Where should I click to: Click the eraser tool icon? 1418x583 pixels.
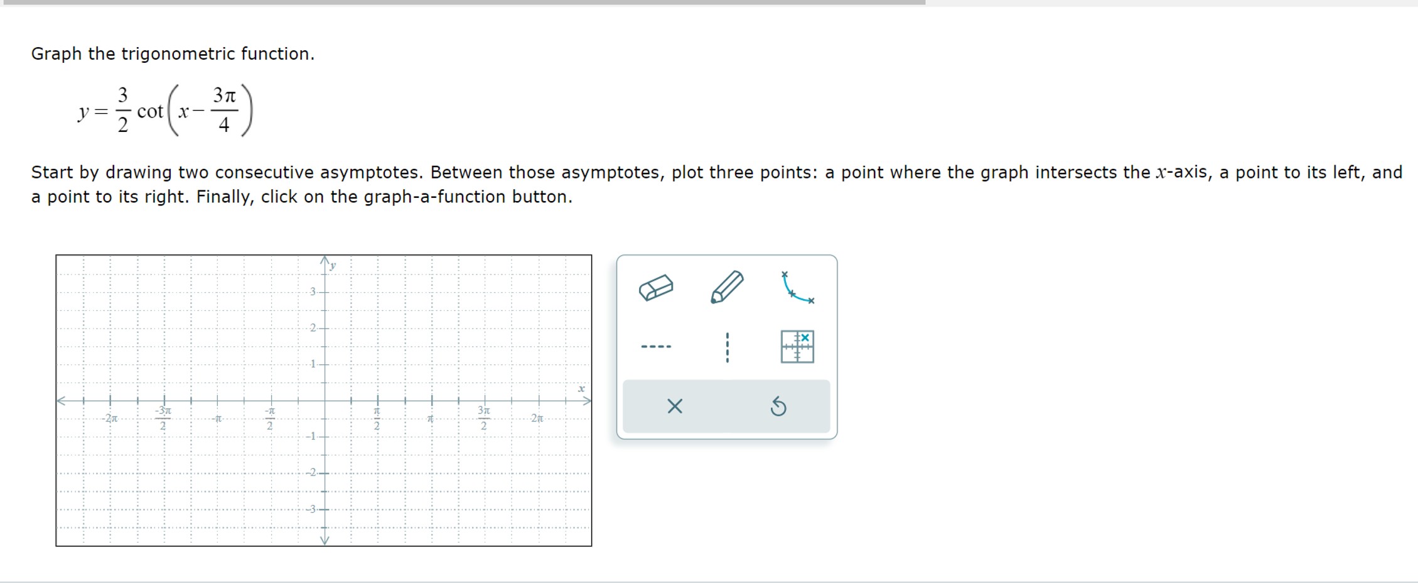click(656, 288)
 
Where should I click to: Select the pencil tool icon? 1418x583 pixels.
click(727, 287)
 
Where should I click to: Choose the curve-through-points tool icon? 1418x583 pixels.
click(797, 288)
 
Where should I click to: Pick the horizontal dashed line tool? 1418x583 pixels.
click(656, 346)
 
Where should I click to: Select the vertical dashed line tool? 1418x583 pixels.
click(727, 347)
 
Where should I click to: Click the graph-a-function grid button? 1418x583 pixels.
click(797, 346)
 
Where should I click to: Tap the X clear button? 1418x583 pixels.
click(675, 406)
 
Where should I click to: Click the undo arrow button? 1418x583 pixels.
click(778, 406)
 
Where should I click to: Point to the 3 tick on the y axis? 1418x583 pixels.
click(313, 291)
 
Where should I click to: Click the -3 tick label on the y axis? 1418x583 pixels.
click(311, 509)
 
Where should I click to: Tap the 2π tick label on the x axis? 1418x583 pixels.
click(537, 418)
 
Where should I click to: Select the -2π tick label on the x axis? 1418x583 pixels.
click(110, 418)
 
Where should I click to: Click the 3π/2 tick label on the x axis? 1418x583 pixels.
click(483, 418)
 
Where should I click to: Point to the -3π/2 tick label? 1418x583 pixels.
click(163, 418)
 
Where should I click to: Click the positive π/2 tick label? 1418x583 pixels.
click(377, 418)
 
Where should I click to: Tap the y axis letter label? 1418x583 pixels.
click(333, 265)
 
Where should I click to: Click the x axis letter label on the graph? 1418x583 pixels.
click(581, 389)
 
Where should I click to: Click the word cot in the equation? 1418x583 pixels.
click(150, 111)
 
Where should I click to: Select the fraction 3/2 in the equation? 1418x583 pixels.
click(123, 110)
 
